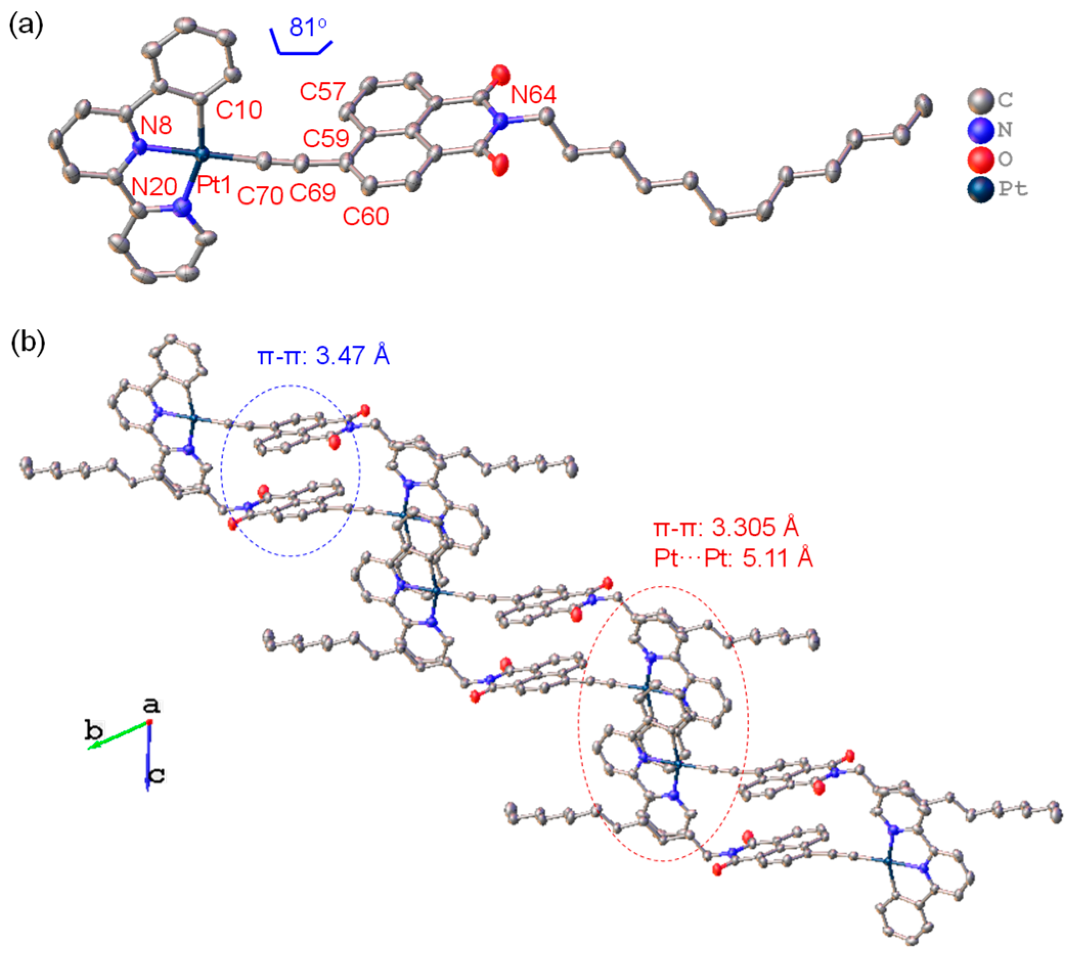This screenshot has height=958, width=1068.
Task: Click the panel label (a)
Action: (x=26, y=25)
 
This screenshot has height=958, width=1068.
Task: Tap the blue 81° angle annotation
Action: (x=307, y=27)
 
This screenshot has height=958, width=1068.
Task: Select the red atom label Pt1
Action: (x=214, y=185)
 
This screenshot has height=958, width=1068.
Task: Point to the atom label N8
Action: (x=156, y=126)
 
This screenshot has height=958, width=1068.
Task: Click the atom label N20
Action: (x=154, y=187)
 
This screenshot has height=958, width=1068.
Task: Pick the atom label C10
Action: (x=238, y=110)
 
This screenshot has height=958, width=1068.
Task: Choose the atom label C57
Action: (x=322, y=92)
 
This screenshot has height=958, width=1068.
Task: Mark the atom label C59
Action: (x=325, y=139)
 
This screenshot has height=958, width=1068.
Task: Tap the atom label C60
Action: (x=366, y=216)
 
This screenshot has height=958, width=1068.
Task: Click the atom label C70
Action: (x=260, y=196)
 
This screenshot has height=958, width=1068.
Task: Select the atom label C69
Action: (x=313, y=193)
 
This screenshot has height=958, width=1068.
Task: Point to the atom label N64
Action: (x=533, y=95)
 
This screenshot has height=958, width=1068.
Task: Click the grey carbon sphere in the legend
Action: (x=980, y=100)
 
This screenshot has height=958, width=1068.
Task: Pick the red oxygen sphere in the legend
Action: (x=980, y=159)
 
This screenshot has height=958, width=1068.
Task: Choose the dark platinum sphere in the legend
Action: (x=980, y=189)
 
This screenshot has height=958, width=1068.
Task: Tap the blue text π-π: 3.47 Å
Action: (x=323, y=356)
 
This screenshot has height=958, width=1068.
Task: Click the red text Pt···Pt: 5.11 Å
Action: (x=733, y=557)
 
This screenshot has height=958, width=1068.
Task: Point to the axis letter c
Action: (x=157, y=774)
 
